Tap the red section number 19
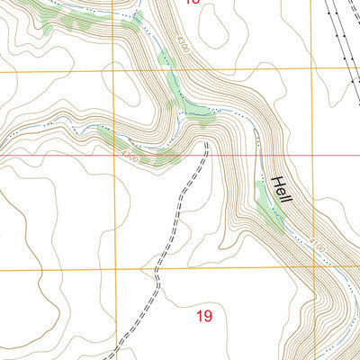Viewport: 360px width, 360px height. pos(203,316)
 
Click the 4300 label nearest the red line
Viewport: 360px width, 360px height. pos(130,157)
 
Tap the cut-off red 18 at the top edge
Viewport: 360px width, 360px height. pos(192,2)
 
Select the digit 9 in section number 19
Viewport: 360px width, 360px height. pos(209,316)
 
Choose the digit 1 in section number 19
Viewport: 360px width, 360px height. pos(199,316)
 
